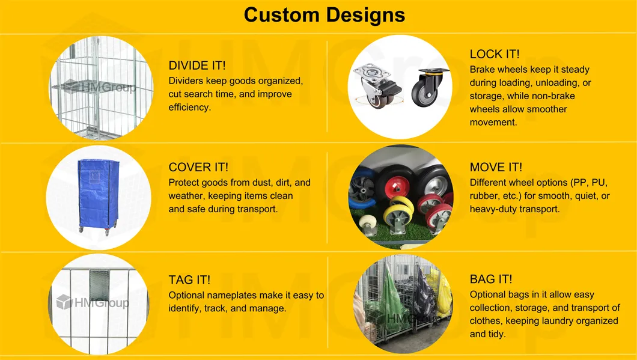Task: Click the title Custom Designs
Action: click(x=325, y=14)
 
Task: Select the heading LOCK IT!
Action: click(x=495, y=54)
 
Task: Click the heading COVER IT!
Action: click(x=198, y=167)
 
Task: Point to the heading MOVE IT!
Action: click(x=496, y=167)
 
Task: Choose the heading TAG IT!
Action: click(x=189, y=280)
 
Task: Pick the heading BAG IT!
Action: click(x=491, y=279)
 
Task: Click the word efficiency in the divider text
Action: click(x=189, y=108)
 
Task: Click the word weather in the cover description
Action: click(x=187, y=196)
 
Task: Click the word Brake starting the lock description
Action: click(x=483, y=70)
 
